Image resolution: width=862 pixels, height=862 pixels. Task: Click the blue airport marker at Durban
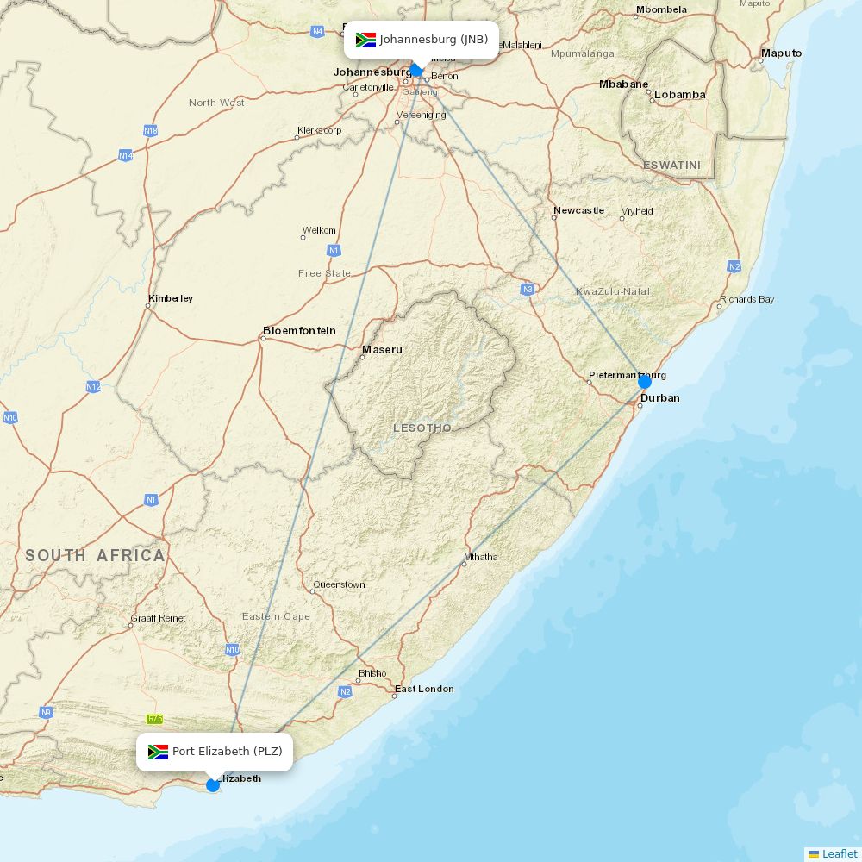click(x=644, y=381)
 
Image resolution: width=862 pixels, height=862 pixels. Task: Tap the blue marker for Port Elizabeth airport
click(x=213, y=784)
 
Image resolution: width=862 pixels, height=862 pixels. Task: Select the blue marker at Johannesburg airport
click(x=416, y=70)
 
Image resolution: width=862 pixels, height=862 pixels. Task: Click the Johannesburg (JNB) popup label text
click(x=434, y=40)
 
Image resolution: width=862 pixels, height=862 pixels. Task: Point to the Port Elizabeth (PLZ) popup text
click(x=227, y=752)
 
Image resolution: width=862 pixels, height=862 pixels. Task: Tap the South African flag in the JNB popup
click(x=365, y=40)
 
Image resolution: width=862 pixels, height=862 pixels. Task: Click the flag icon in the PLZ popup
click(x=158, y=752)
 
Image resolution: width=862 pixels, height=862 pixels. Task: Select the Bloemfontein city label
click(x=299, y=331)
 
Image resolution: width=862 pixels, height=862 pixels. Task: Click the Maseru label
click(x=382, y=350)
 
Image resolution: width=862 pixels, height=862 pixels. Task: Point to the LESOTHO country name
click(x=422, y=428)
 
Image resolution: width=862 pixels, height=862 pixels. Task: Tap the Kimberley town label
click(x=171, y=298)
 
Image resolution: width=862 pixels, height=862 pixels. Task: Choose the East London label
click(x=424, y=689)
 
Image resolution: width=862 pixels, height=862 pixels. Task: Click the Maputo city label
click(x=781, y=53)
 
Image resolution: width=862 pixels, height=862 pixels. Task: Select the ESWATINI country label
click(x=671, y=165)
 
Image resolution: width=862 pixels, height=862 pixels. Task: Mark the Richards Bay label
click(x=747, y=299)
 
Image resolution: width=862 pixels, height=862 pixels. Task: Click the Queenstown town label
click(x=339, y=584)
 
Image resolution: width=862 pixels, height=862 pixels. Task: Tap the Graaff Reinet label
click(x=158, y=618)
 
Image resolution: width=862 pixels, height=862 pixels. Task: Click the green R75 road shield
click(x=154, y=719)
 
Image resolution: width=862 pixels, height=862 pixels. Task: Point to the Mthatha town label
click(x=480, y=557)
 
